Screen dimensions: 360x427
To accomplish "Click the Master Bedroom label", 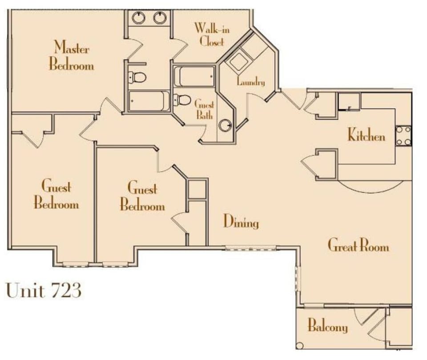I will click(71, 56).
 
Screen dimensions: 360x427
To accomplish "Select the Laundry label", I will click(251, 82).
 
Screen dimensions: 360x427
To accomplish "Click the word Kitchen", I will click(366, 135).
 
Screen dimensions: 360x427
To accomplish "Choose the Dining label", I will click(241, 221).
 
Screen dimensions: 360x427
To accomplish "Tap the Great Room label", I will click(358, 245).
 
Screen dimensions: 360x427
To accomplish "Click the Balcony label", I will click(327, 327).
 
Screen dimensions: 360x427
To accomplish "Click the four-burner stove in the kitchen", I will click(403, 136).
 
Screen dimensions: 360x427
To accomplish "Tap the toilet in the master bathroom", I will click(138, 77).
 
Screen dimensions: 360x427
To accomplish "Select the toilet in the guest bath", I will click(182, 100).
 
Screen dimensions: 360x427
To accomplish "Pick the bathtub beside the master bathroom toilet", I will click(149, 101).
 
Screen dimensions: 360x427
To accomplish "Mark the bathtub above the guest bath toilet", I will click(194, 76).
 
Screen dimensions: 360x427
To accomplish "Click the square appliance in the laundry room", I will click(238, 62).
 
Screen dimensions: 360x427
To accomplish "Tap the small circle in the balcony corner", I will click(300, 345).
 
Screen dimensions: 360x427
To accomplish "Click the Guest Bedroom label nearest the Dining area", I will click(142, 196).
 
